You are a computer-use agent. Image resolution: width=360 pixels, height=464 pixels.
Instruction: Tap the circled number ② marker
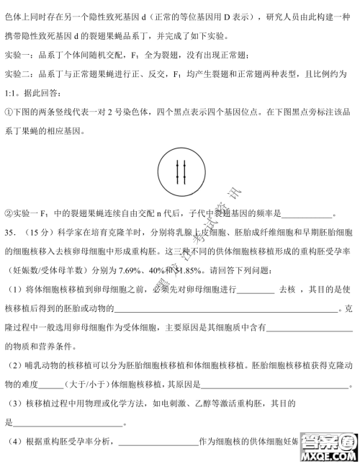pos(9,213)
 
